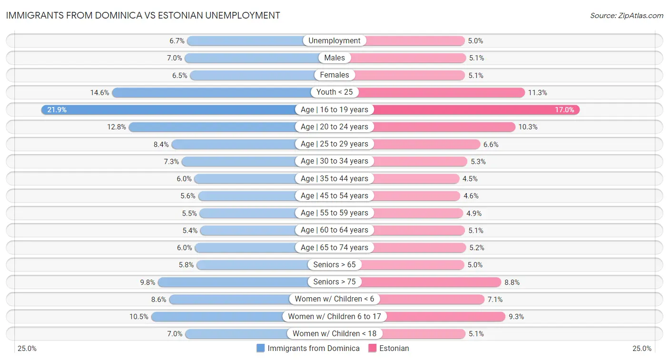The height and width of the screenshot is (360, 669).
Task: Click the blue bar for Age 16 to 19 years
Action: coord(171,109)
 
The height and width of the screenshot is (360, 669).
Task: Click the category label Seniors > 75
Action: coord(334,282)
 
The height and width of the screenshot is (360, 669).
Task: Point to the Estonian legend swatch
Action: coord(372,348)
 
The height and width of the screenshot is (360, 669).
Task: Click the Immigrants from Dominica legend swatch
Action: coord(260,348)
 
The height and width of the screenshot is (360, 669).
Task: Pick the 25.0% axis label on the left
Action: coord(27,349)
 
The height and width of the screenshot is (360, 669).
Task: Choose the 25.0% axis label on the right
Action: coord(641,349)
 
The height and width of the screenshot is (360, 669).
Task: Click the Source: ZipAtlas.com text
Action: coord(626,15)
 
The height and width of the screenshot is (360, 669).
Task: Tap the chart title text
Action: coord(143,15)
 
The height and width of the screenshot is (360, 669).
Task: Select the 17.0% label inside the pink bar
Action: coord(564,110)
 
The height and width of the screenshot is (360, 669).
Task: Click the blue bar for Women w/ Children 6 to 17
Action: coord(219,316)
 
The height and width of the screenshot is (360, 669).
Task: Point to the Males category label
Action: coord(334,58)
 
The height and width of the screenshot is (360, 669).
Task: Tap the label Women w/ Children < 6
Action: coord(334,299)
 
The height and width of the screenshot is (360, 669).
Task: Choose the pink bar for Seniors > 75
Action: coord(431,282)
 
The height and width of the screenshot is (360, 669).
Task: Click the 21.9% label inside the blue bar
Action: coord(57,110)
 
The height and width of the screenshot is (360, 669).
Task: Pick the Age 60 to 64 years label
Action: coord(334,230)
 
